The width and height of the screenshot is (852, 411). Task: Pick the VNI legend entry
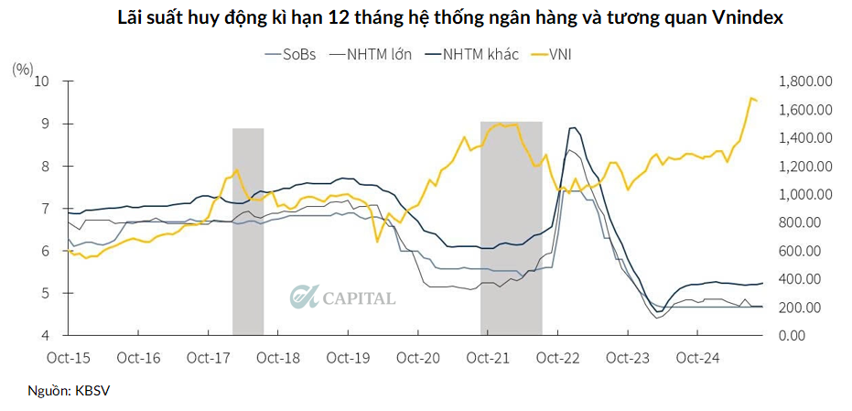click(x=561, y=54)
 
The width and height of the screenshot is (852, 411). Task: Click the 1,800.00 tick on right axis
click(x=803, y=81)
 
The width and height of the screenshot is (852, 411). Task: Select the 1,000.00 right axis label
click(x=803, y=195)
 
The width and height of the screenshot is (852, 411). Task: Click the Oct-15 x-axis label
click(x=69, y=357)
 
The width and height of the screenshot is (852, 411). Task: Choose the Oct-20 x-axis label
click(x=419, y=357)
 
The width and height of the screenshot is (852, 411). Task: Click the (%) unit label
click(x=24, y=67)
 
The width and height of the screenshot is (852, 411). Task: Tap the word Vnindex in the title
click(x=738, y=18)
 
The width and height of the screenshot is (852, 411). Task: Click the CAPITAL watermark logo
click(x=343, y=297)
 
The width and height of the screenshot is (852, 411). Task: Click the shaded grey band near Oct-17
click(x=248, y=231)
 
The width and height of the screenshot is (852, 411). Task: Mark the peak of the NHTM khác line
click(x=573, y=127)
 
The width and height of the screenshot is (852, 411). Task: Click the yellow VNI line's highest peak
click(x=751, y=98)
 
